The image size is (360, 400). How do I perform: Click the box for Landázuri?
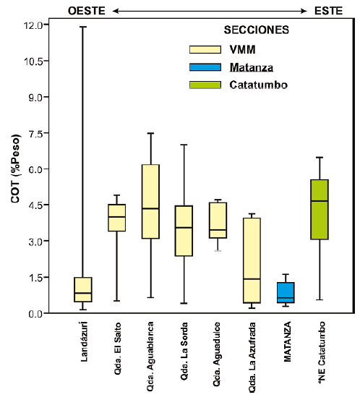(83, 289)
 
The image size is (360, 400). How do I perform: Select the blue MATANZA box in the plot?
(286, 292)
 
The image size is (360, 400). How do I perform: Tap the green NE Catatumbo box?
(319, 209)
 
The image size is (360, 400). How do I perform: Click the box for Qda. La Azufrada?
(252, 260)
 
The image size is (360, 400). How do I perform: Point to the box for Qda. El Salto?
(117, 218)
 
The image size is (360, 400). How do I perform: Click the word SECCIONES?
(256, 30)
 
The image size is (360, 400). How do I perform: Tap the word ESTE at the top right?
(329, 10)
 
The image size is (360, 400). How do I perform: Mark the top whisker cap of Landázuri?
(83, 27)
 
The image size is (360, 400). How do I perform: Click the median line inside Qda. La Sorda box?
(184, 227)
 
